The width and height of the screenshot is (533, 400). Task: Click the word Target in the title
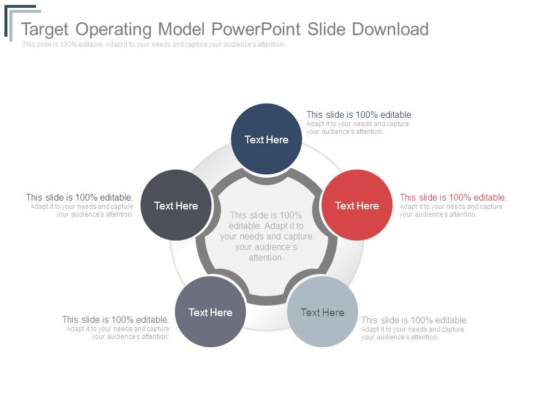45,29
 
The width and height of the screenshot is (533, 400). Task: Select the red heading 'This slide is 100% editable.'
453,197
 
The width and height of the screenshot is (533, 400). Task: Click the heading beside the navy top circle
360,115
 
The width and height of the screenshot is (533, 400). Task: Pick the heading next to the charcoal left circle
79,197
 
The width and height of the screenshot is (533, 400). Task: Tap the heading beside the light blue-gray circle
415,320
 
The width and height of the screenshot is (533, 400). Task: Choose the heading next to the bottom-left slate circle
115,319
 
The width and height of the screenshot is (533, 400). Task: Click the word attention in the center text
266,257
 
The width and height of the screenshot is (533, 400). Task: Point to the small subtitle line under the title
154,44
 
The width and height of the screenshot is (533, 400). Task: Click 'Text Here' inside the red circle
357,206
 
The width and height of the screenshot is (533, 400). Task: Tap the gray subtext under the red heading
450,210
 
